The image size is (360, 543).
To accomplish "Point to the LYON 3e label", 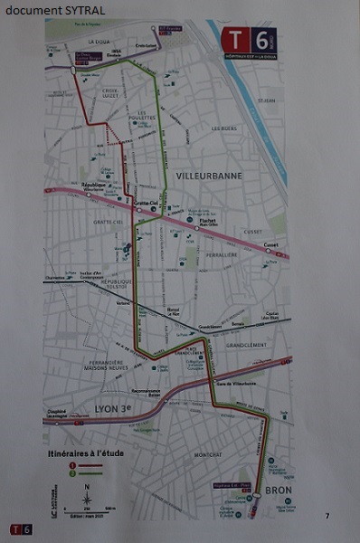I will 113,410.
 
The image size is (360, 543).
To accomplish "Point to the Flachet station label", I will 209,218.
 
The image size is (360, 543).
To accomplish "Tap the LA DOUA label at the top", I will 98,42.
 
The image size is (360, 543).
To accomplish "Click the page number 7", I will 327,516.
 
